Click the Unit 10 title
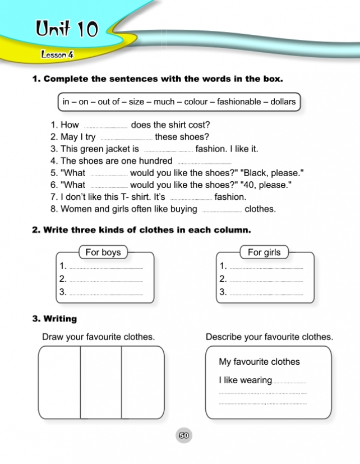pos(66,29)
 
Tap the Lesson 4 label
pos(57,55)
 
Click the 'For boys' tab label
pos(103,252)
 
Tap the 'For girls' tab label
pos(264,252)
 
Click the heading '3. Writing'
pos(54,319)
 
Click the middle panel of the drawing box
pos(101,382)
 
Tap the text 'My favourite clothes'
pos(259,362)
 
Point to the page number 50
pos(184,435)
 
